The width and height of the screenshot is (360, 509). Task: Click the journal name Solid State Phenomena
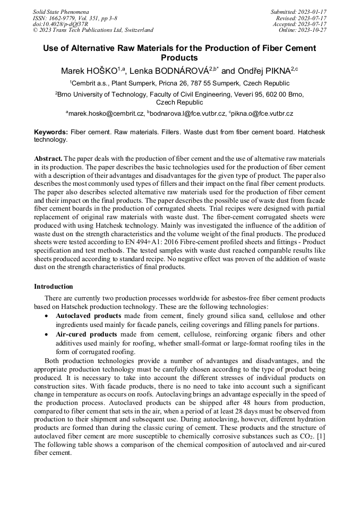coord(61,11)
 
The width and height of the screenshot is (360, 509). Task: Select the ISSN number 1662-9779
coord(62,18)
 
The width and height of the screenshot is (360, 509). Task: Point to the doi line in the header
coord(61,24)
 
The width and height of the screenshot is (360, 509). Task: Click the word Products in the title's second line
coord(179,58)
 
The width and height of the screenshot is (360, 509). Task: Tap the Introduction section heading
coord(54,287)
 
